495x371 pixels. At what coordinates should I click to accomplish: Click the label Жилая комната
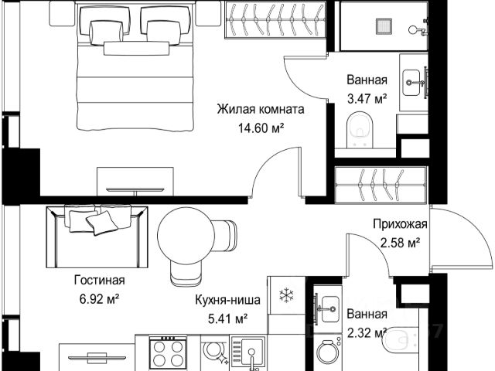[x=261, y=110]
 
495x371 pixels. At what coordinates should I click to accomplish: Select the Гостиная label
[x=100, y=280]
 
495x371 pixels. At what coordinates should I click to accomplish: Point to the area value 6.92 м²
[x=100, y=299]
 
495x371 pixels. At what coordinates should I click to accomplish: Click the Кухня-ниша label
[x=227, y=300]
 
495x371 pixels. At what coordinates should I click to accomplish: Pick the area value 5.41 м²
[x=227, y=319]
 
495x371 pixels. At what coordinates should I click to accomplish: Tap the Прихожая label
[x=400, y=224]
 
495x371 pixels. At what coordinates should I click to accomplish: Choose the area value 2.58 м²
[x=400, y=243]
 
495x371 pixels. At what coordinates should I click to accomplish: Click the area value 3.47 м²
[x=367, y=99]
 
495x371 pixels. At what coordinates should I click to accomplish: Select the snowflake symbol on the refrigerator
[x=286, y=295]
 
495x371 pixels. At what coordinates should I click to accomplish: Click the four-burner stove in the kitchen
[x=168, y=352]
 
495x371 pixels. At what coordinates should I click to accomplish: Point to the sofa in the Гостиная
[x=97, y=236]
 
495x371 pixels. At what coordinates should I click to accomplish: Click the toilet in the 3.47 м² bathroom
[x=360, y=130]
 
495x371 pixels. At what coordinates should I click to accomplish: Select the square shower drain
[x=384, y=27]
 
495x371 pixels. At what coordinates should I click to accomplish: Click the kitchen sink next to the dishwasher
[x=248, y=352]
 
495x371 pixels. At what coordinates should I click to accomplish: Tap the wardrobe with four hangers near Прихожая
[x=381, y=185]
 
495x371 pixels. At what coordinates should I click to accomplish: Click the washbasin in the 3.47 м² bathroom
[x=412, y=83]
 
